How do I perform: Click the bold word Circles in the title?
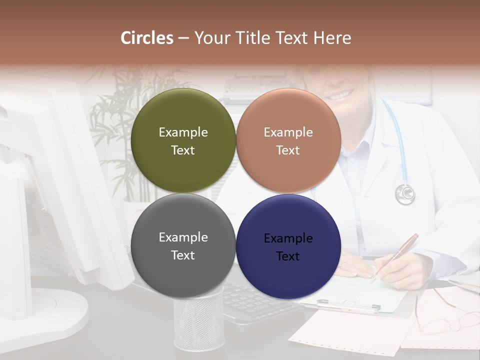(147, 38)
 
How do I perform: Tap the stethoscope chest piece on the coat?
(405, 193)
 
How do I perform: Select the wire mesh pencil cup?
(198, 320)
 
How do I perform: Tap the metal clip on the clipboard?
(348, 305)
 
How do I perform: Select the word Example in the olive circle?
(183, 132)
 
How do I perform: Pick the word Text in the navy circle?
(288, 256)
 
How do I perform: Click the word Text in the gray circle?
(183, 255)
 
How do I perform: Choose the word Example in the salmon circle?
(288, 132)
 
